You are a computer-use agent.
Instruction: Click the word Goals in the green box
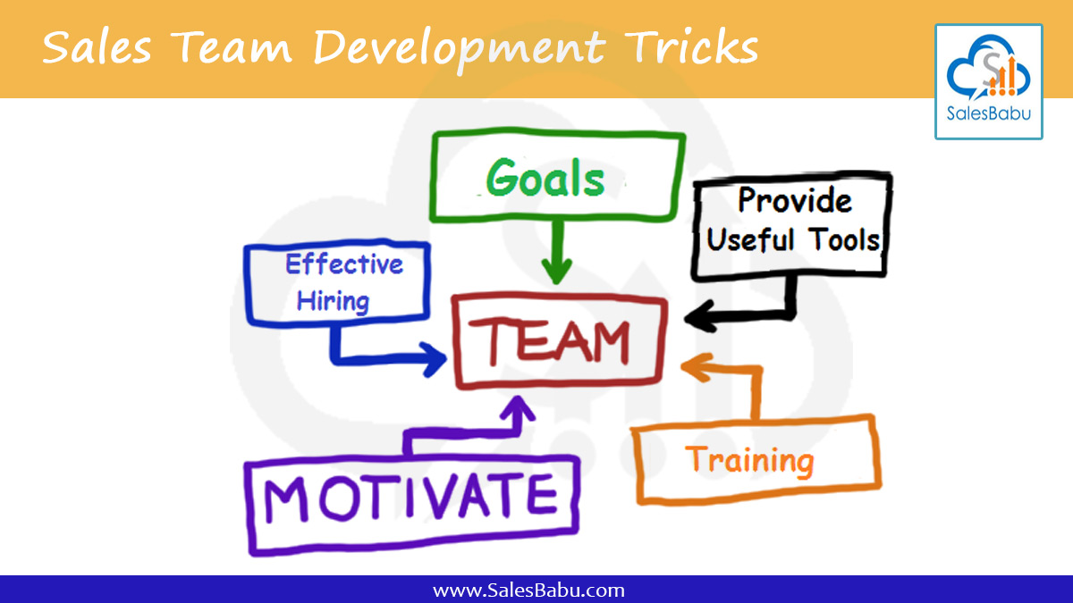[x=545, y=179]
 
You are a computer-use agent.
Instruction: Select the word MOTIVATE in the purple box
[x=410, y=497]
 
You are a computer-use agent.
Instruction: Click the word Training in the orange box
[x=750, y=460]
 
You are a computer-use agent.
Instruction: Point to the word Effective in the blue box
[x=344, y=264]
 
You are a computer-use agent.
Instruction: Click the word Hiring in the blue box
[x=333, y=301]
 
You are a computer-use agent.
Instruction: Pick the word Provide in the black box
[x=794, y=201]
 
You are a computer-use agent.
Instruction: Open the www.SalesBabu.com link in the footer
[x=528, y=590]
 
